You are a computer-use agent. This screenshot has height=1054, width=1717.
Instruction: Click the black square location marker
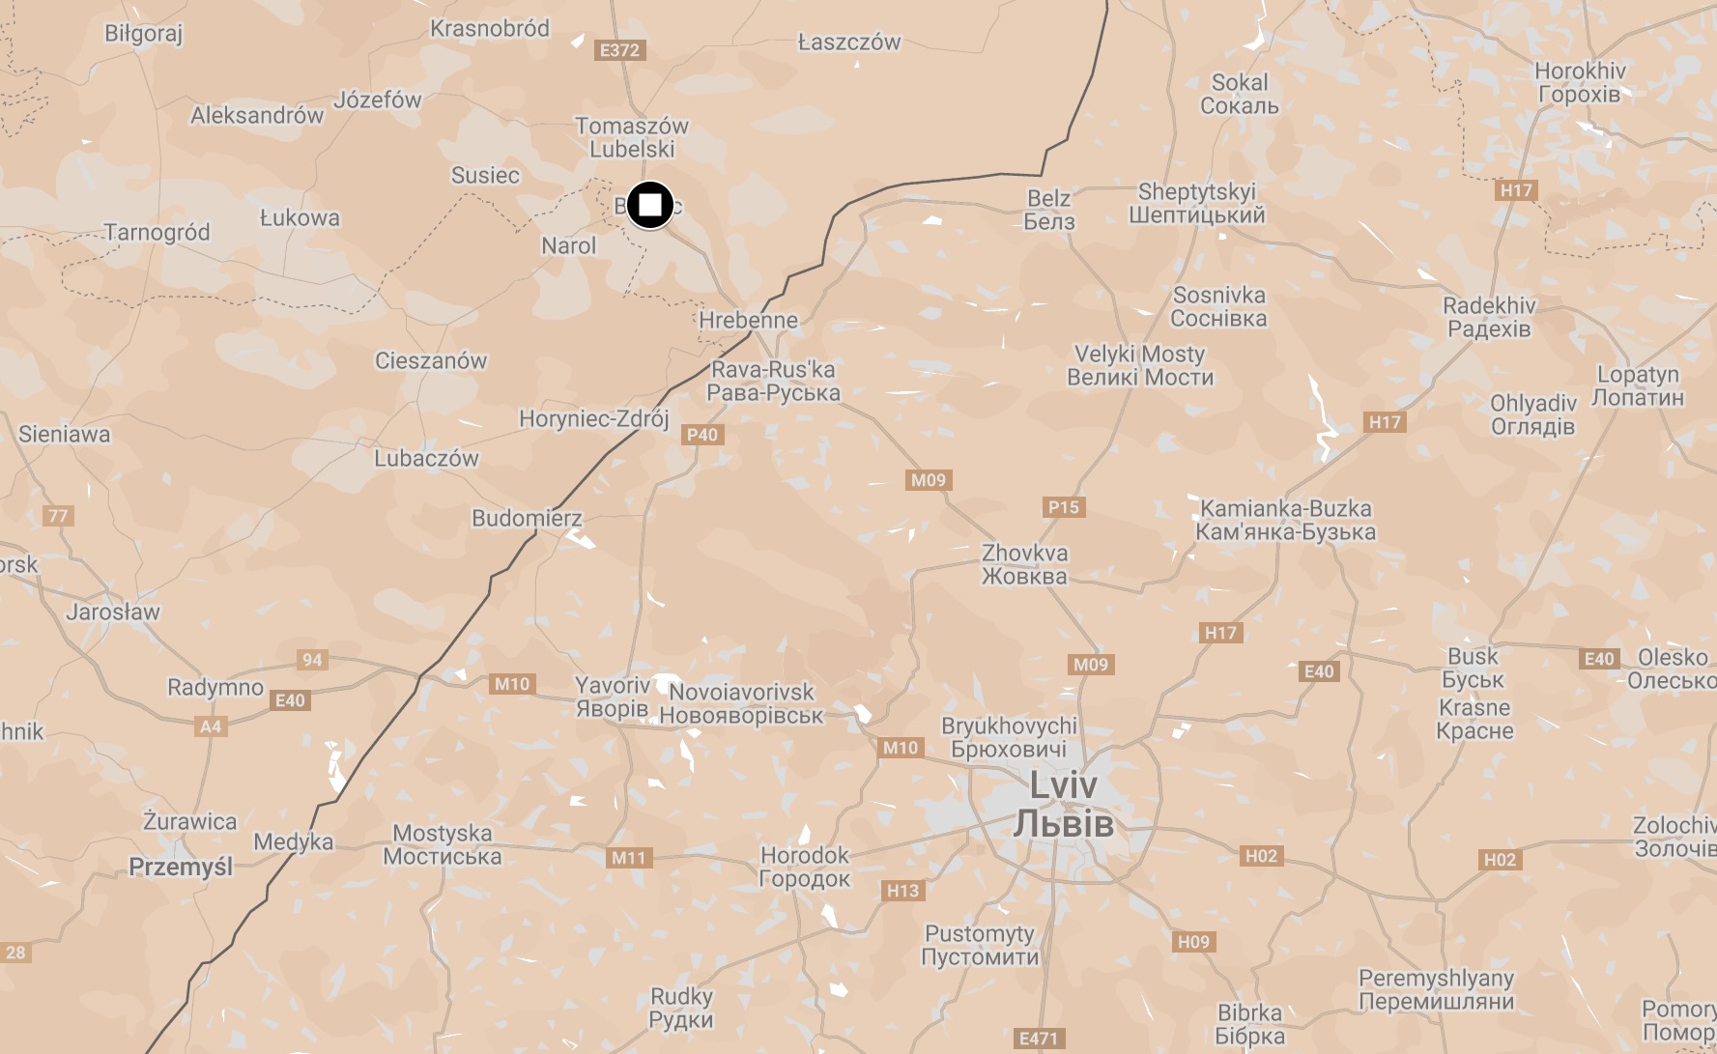(650, 206)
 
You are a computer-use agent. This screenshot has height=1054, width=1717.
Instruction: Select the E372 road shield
(619, 50)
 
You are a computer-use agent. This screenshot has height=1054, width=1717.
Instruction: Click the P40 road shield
(702, 435)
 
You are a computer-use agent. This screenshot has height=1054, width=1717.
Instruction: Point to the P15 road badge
(1064, 507)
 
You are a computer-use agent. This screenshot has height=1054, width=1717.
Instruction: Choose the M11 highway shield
(628, 858)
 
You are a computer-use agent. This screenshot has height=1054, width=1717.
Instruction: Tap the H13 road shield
(903, 891)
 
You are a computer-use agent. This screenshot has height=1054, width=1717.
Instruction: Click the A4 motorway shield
(211, 726)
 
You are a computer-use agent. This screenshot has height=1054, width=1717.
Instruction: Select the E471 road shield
(1039, 1039)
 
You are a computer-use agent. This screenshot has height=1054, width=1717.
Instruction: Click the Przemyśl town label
(181, 867)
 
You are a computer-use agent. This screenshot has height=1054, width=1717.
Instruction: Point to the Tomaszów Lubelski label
(632, 137)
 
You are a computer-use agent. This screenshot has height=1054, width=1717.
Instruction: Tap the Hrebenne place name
(749, 320)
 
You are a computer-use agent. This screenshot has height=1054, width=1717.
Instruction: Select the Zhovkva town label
(1025, 564)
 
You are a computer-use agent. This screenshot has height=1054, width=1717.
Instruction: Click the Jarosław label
(113, 612)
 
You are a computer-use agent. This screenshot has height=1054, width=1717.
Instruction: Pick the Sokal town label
(1240, 94)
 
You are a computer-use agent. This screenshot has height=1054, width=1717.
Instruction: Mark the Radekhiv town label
(1489, 317)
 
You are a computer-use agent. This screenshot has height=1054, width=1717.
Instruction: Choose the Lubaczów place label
(426, 458)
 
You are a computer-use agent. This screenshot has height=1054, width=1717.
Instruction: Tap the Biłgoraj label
(143, 34)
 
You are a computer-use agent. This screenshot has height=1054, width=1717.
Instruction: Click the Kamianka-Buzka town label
(1285, 520)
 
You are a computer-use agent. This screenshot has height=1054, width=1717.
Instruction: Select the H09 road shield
(1194, 942)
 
